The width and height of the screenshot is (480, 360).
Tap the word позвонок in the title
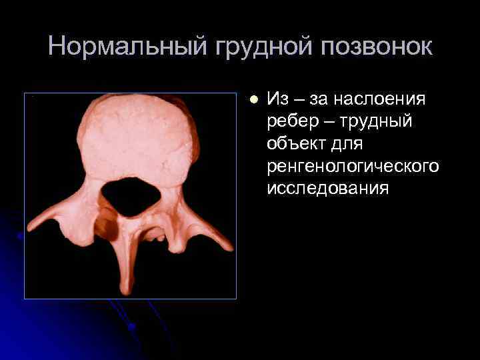click(377, 46)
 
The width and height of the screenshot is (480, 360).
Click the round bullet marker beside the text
click(253, 99)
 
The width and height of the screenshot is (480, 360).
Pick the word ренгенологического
click(353, 166)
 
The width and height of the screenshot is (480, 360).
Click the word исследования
click(327, 189)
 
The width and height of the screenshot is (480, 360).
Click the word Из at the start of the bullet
click(277, 99)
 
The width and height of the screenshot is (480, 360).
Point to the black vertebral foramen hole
click(132, 196)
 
